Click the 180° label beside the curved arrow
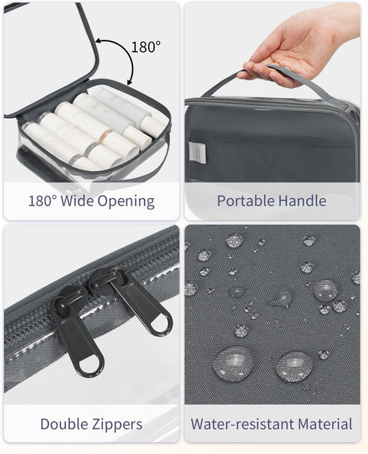(x=146, y=47)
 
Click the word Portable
(x=246, y=200)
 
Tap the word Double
(x=64, y=424)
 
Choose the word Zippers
(x=117, y=425)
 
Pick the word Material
(x=325, y=424)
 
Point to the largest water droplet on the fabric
(x=234, y=363)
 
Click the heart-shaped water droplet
(x=280, y=299)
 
